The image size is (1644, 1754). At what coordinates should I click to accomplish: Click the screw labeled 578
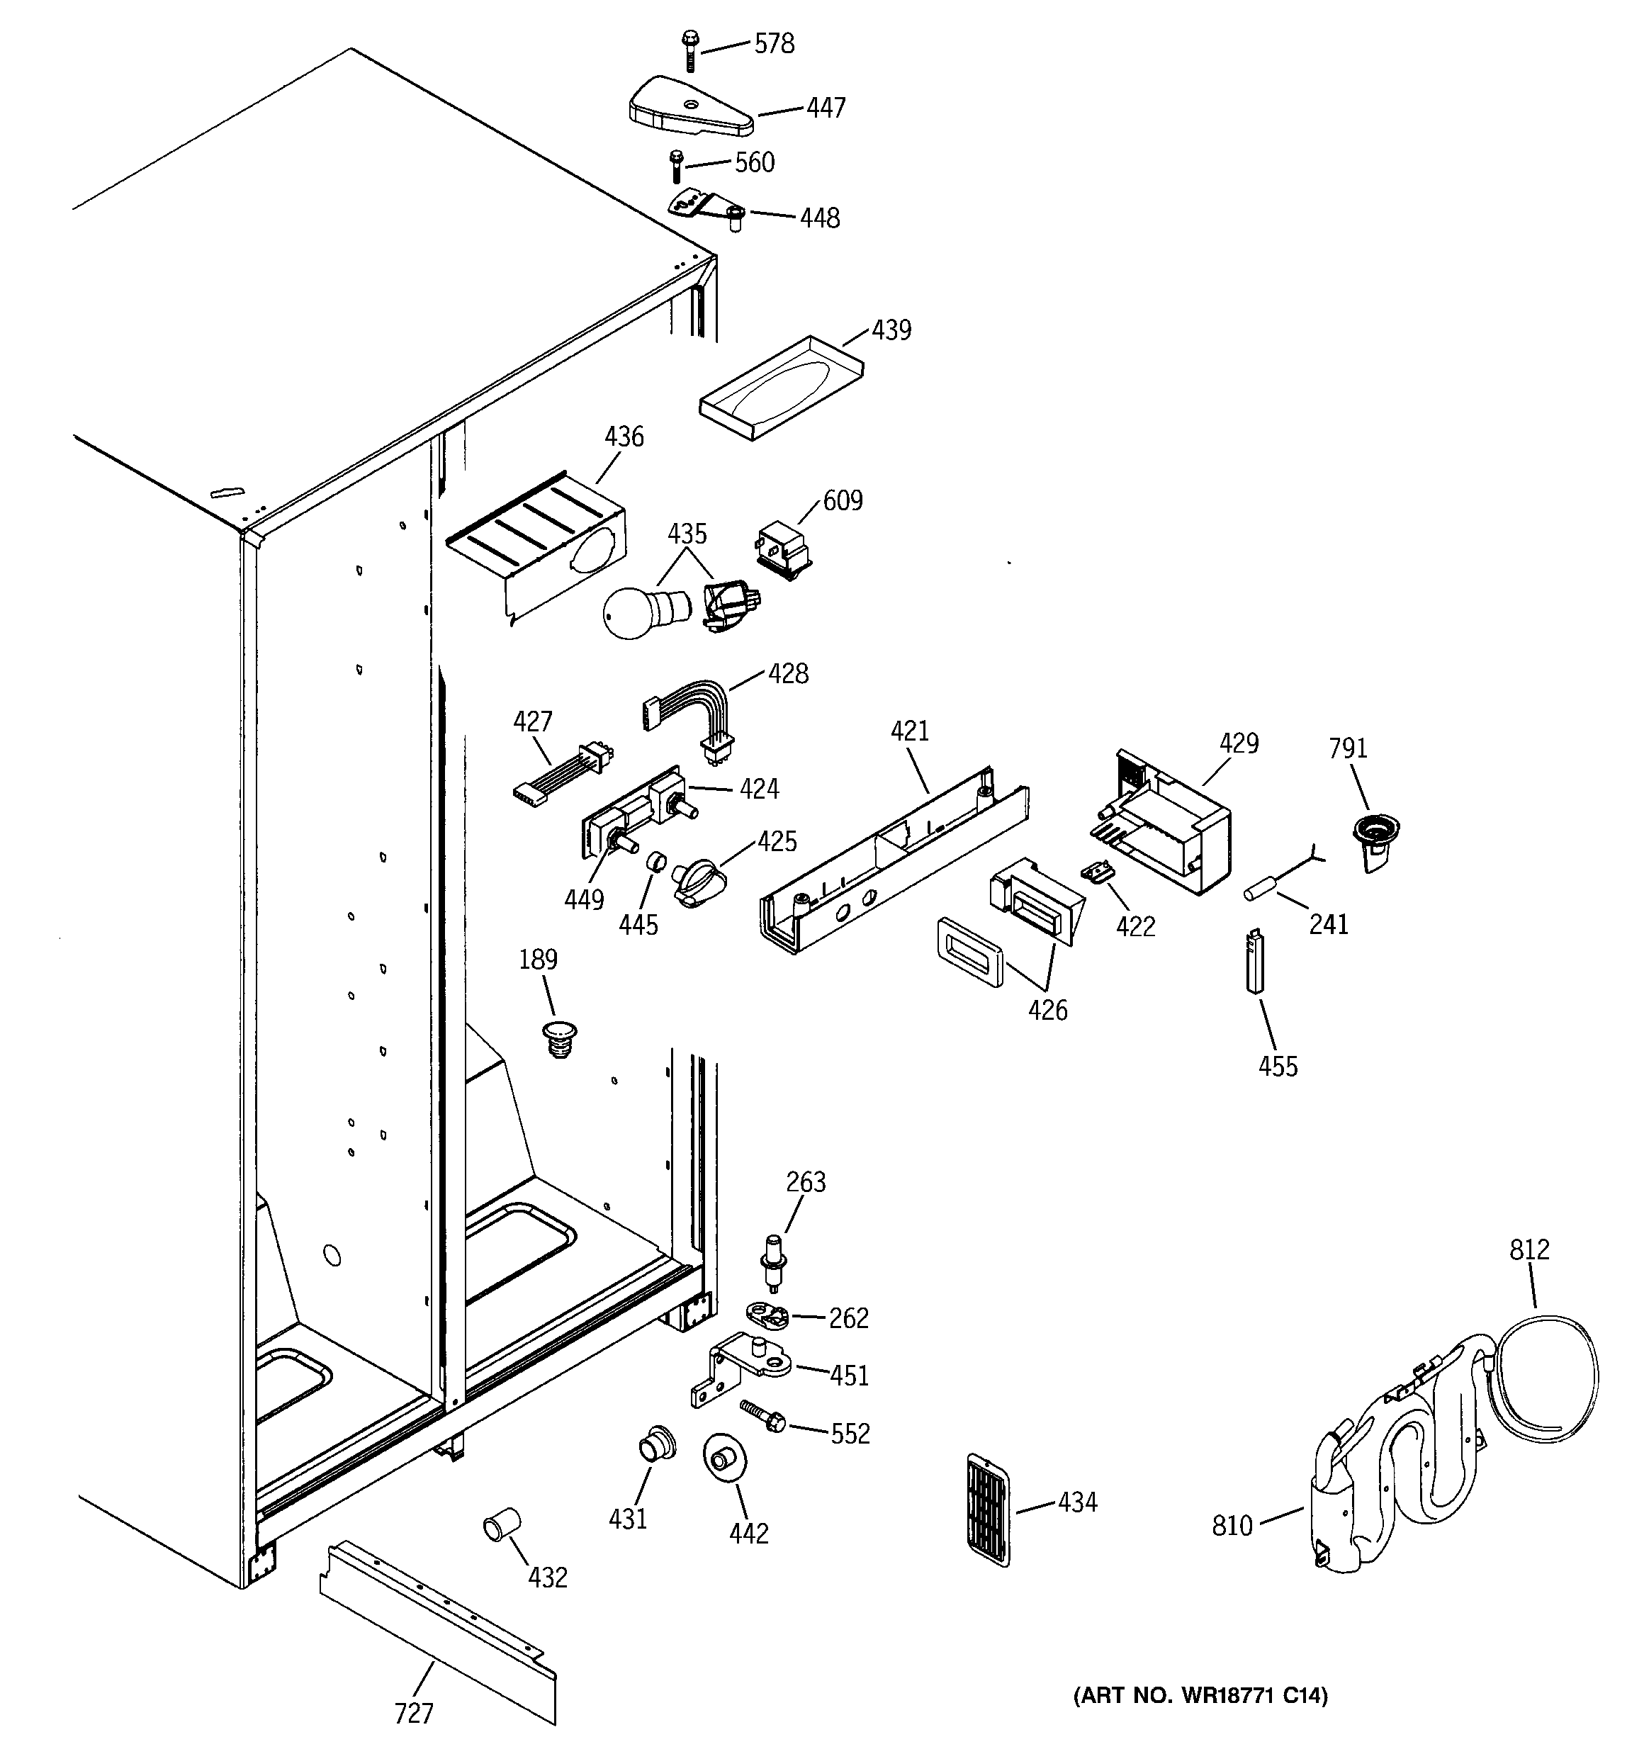[689, 50]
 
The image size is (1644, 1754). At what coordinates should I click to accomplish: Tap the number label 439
[891, 330]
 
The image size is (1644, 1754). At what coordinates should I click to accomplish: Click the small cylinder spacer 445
[655, 861]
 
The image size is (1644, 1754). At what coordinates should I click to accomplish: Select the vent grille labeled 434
[989, 1509]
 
